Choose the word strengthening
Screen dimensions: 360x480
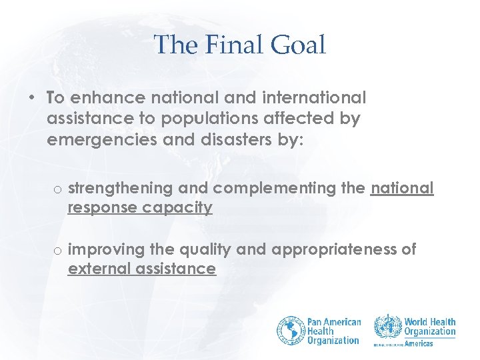[x=119, y=189]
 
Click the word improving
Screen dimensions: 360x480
[x=107, y=250]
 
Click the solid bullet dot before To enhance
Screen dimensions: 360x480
[x=32, y=98]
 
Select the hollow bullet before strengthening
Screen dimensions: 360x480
[x=59, y=190]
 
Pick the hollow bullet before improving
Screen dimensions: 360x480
[x=59, y=251]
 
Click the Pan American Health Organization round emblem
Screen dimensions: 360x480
[x=291, y=331]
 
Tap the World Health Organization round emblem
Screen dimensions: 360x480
[x=387, y=328]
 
